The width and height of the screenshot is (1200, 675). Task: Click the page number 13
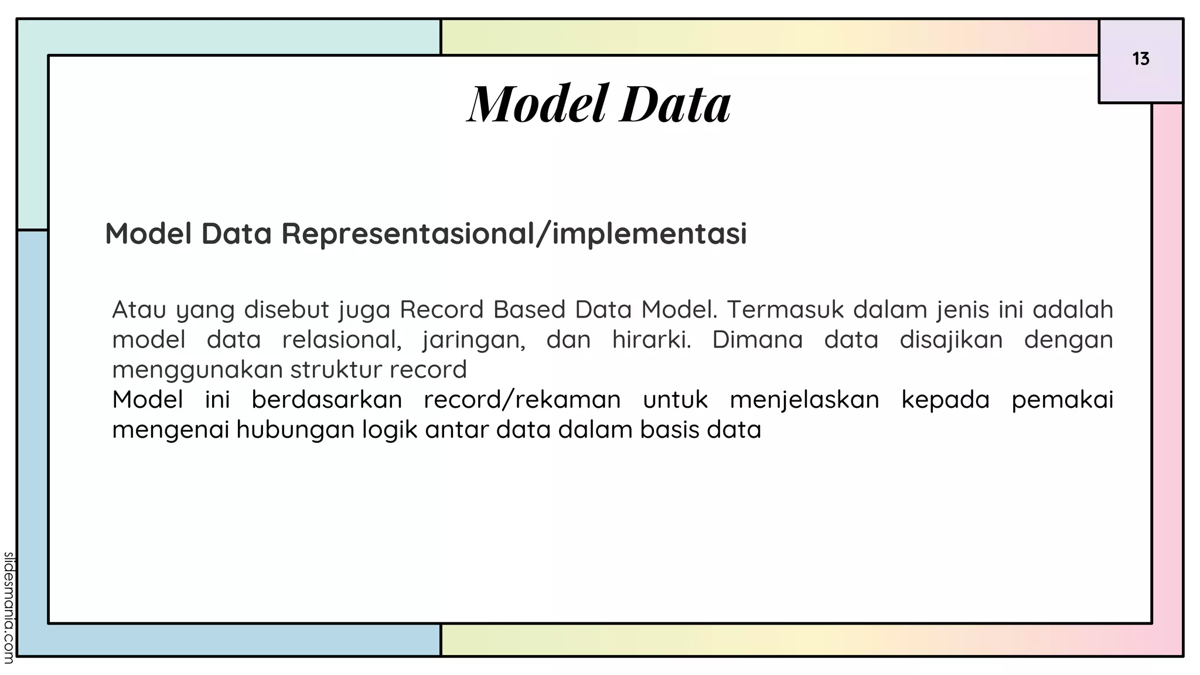pyautogui.click(x=1140, y=59)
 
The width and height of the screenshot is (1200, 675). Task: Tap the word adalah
pyautogui.click(x=1072, y=309)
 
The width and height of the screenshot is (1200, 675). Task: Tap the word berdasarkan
pyautogui.click(x=326, y=400)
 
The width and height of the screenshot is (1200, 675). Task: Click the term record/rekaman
pyautogui.click(x=522, y=400)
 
